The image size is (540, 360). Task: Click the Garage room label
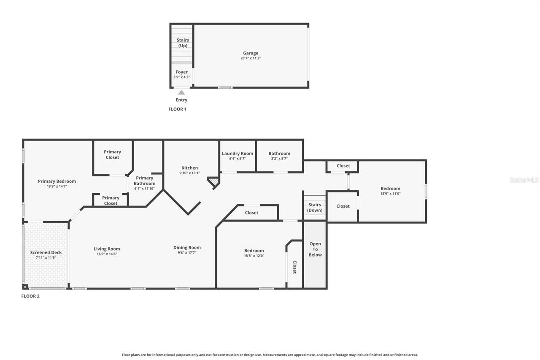point(251,54)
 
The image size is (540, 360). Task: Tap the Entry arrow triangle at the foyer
point(181,92)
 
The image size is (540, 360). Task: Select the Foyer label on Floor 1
point(181,72)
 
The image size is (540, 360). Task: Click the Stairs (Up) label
point(183,43)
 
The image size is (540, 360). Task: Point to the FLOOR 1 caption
point(177,109)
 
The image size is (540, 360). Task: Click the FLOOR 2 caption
point(30,296)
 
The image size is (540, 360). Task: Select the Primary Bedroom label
point(57,181)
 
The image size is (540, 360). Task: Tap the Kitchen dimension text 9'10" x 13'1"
point(189,173)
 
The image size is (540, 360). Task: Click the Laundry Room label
point(238,154)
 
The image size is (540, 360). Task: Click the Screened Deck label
point(46,253)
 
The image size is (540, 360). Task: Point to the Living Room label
point(107,249)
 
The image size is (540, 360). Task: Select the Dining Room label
point(187,248)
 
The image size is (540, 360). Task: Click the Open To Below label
point(315,249)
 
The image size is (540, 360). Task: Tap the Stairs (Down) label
point(315,208)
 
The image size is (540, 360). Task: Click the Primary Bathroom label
point(144,181)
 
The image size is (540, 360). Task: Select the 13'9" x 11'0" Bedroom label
point(390,189)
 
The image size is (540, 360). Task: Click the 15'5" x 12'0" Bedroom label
point(254,251)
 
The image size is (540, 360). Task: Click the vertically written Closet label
point(294,267)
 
